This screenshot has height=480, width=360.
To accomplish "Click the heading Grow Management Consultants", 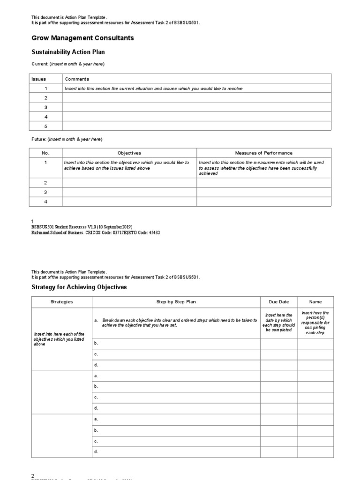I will click(x=82, y=38).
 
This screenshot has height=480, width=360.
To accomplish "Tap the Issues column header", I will click(x=39, y=79).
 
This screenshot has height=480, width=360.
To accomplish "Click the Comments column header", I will click(x=77, y=79).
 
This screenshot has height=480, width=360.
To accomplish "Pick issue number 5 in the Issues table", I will click(x=46, y=126).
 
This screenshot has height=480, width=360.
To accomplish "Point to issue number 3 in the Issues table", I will click(x=46, y=107).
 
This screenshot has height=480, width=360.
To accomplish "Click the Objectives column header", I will click(x=129, y=153).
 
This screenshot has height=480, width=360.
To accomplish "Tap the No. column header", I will click(x=45, y=153).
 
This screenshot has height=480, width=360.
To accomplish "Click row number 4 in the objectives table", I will click(x=45, y=202).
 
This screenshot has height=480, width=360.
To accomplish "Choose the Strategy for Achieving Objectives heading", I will click(x=79, y=287).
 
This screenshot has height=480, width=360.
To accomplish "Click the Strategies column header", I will click(x=62, y=302).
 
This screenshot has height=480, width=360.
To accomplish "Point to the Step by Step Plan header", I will click(x=176, y=302).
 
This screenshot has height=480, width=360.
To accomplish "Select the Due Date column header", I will click(x=279, y=302).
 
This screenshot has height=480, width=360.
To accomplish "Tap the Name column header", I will click(x=315, y=302).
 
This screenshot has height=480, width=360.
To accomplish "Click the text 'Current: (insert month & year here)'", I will click(x=68, y=64).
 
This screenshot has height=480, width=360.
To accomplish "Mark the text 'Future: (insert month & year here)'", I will click(x=67, y=139).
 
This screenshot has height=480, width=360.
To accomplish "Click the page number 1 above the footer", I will click(x=32, y=221).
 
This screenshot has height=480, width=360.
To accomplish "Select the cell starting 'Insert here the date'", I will click(x=279, y=322).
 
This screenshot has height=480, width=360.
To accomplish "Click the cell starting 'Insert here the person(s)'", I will click(x=315, y=322).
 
